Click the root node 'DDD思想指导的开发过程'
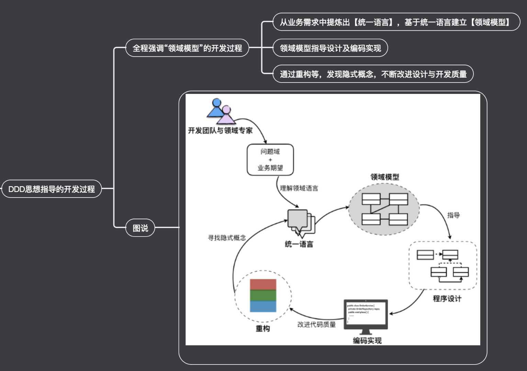click(52, 189)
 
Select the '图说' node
click(140, 228)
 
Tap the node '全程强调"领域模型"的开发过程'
click(187, 48)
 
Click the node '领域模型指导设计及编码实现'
click(330, 48)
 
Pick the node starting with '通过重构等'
click(373, 74)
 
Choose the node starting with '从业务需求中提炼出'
click(396, 22)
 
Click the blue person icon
click(215, 109)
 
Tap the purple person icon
click(226, 116)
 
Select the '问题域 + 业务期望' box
click(270, 160)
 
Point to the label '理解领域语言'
click(299, 188)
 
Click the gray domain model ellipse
click(384, 209)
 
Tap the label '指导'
click(453, 215)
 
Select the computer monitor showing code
click(366, 314)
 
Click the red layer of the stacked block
click(263, 284)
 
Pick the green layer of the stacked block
click(263, 295)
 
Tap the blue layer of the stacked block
click(263, 306)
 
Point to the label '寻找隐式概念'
click(227, 238)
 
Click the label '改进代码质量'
click(316, 324)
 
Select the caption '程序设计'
click(447, 299)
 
